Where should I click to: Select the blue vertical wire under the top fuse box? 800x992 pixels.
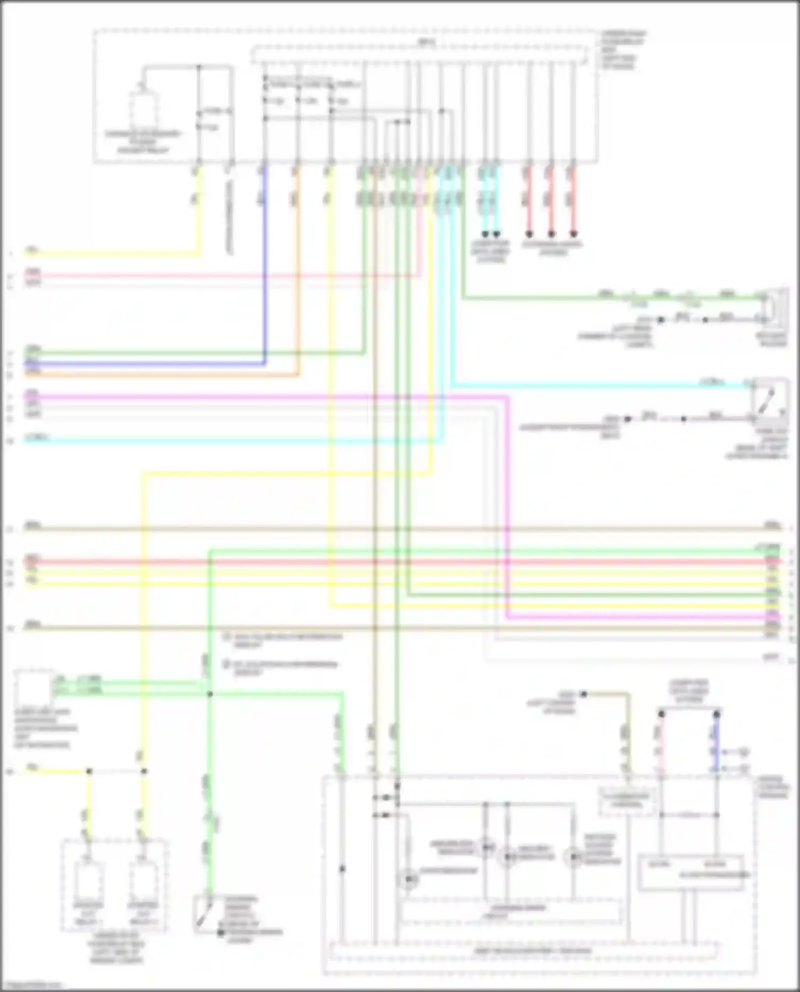point(265,267)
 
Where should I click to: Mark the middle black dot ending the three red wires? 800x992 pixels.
point(551,234)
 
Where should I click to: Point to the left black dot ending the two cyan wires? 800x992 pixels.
point(485,234)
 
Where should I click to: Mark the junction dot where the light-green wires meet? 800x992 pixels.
point(210,694)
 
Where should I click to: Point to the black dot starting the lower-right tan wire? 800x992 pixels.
point(584,694)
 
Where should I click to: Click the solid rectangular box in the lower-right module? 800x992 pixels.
point(691,873)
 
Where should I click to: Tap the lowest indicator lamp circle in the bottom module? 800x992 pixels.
point(408,879)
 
